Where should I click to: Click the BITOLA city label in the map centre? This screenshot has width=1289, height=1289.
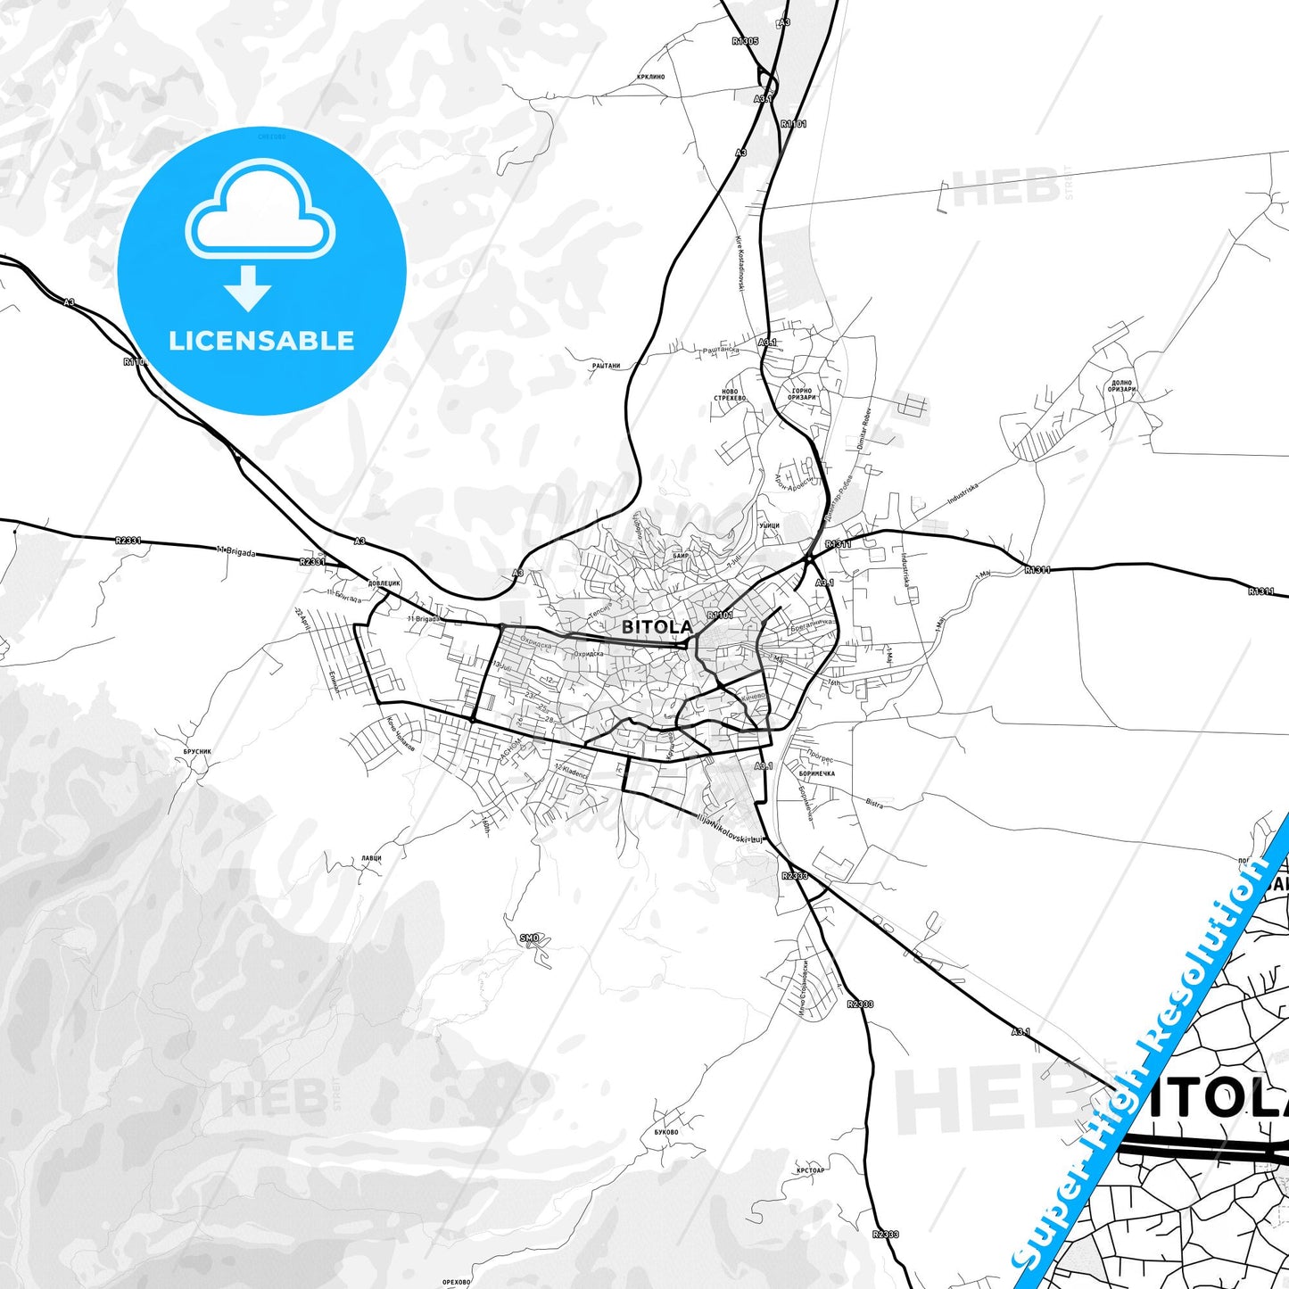(x=657, y=627)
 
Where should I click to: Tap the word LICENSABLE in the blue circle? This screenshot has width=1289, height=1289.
(x=261, y=341)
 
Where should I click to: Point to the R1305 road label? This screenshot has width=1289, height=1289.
(x=745, y=41)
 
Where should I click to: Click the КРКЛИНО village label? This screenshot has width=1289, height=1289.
(x=651, y=78)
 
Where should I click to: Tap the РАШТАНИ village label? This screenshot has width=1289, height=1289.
(x=606, y=366)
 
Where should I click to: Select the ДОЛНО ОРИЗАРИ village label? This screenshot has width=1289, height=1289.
(x=1121, y=386)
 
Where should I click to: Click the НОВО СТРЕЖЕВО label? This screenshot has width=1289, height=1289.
(x=730, y=394)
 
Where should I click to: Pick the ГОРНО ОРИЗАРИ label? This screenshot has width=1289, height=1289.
(x=801, y=393)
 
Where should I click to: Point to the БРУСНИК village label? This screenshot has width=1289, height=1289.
(x=197, y=752)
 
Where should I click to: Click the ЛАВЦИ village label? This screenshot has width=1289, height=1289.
(x=371, y=858)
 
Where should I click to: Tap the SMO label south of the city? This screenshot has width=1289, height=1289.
(x=530, y=938)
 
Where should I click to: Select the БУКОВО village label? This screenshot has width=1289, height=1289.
(x=666, y=1133)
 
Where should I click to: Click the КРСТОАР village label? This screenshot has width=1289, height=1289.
(x=811, y=1170)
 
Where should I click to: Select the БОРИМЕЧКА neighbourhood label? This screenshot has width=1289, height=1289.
(x=816, y=773)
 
